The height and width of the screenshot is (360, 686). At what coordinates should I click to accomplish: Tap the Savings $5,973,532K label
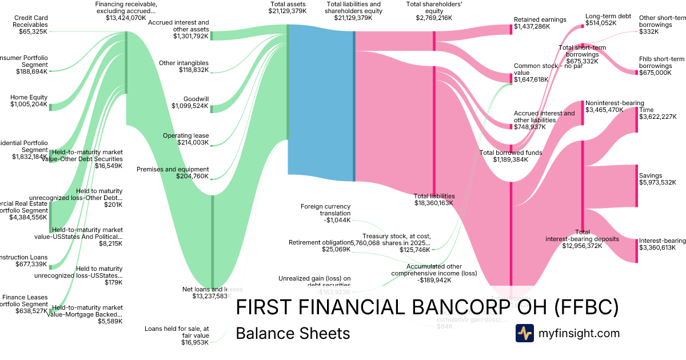tap(657, 179)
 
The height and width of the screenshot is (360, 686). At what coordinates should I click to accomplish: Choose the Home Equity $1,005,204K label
tap(29, 101)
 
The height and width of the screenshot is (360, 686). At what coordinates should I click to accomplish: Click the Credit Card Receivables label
tap(31, 21)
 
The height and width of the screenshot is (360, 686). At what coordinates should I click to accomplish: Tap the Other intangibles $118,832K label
tap(184, 66)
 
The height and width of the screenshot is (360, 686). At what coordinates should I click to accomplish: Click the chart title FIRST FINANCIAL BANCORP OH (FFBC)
tap(427, 307)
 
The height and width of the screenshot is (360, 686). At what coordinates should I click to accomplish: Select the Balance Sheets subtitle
tap(293, 333)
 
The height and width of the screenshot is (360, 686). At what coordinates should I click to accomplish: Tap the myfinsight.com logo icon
tap(524, 333)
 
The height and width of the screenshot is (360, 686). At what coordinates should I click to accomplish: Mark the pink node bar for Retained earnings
tap(512, 29)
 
